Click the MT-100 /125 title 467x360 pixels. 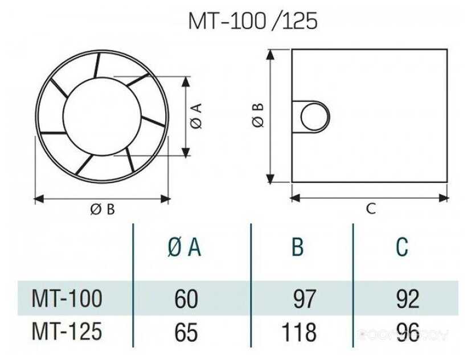pos(253,21)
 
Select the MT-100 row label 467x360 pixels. pos(67,298)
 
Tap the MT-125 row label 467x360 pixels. pos(67,332)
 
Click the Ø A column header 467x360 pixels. pos(185,248)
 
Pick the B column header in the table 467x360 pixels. pos(297,247)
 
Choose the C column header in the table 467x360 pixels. pos(402,247)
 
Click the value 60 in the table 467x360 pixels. pos(186,298)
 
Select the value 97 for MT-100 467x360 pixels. pos(304,298)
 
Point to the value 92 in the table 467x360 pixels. pos(407,298)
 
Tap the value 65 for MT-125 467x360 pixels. pos(186,332)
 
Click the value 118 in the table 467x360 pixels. pos(299,332)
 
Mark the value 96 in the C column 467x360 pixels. pos(407,332)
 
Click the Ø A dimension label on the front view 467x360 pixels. pos(196,116)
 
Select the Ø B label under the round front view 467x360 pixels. pos(103,210)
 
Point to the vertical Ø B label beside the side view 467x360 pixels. pos(257,116)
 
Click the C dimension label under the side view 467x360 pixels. pos(371,208)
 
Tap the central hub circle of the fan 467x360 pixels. pos(102,116)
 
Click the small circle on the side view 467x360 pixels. pos(314,117)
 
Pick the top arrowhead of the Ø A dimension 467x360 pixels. pos(186,81)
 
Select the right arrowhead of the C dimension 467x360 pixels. pos(444,198)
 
